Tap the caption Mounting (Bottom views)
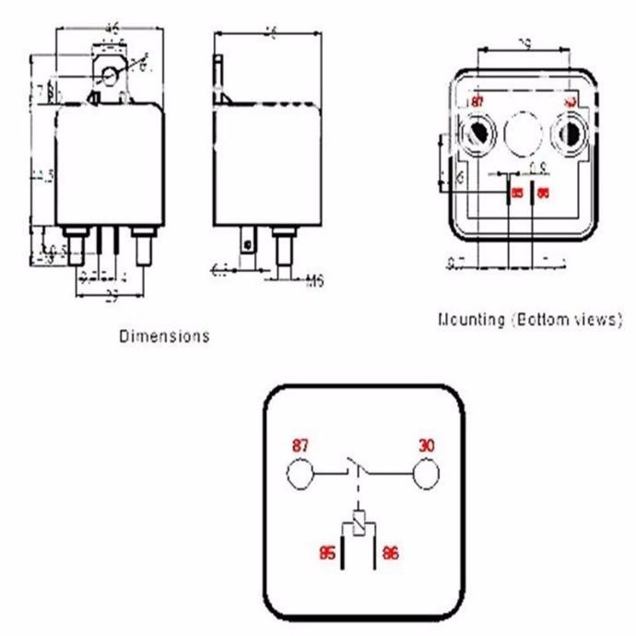529,320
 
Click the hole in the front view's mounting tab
112,73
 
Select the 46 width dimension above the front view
112,29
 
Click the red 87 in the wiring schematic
300,444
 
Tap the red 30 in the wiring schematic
425,444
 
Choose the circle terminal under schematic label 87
300,475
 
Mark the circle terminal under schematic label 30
425,475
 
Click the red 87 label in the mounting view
477,101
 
